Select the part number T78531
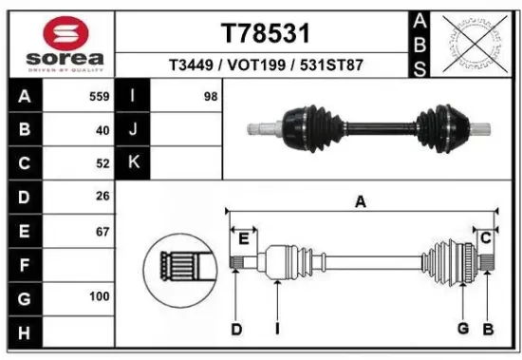(266, 34)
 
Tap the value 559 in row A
(99, 97)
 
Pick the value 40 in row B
(103, 130)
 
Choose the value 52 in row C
(103, 163)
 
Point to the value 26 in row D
(103, 197)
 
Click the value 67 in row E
(103, 230)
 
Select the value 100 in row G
(99, 297)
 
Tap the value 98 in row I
(210, 97)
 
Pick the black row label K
(132, 163)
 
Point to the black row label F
(23, 264)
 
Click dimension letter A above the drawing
(360, 200)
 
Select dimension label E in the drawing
(243, 237)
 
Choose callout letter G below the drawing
(463, 329)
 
